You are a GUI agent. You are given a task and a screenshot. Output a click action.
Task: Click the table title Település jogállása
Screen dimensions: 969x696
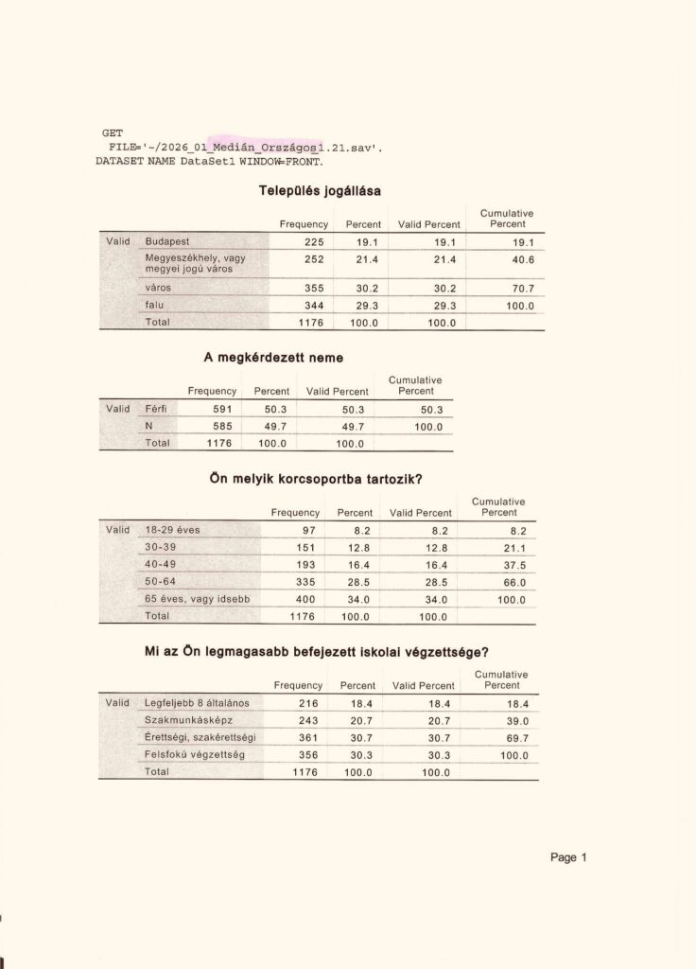pos(320,190)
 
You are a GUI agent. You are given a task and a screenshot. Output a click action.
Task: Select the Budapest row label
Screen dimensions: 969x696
pos(166,241)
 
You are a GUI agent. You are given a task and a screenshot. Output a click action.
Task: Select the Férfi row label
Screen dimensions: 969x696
pos(156,409)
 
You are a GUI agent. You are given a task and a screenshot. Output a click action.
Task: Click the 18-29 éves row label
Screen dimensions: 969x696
pos(172,530)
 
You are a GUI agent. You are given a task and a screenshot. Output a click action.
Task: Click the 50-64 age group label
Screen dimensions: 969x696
pos(160,582)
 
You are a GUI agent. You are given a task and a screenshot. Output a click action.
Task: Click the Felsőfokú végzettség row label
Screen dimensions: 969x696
pos(194,754)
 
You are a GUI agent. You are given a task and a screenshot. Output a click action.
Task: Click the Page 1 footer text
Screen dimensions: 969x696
pos(568,857)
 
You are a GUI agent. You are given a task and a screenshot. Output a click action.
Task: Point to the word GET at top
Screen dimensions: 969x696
pos(112,133)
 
